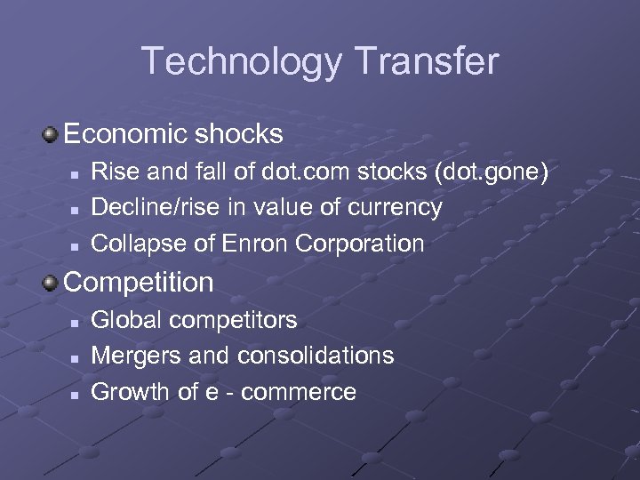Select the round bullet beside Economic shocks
point(51,135)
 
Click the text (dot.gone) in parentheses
point(487,172)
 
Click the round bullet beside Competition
point(51,283)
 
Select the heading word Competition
point(139,283)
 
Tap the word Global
point(130,319)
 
